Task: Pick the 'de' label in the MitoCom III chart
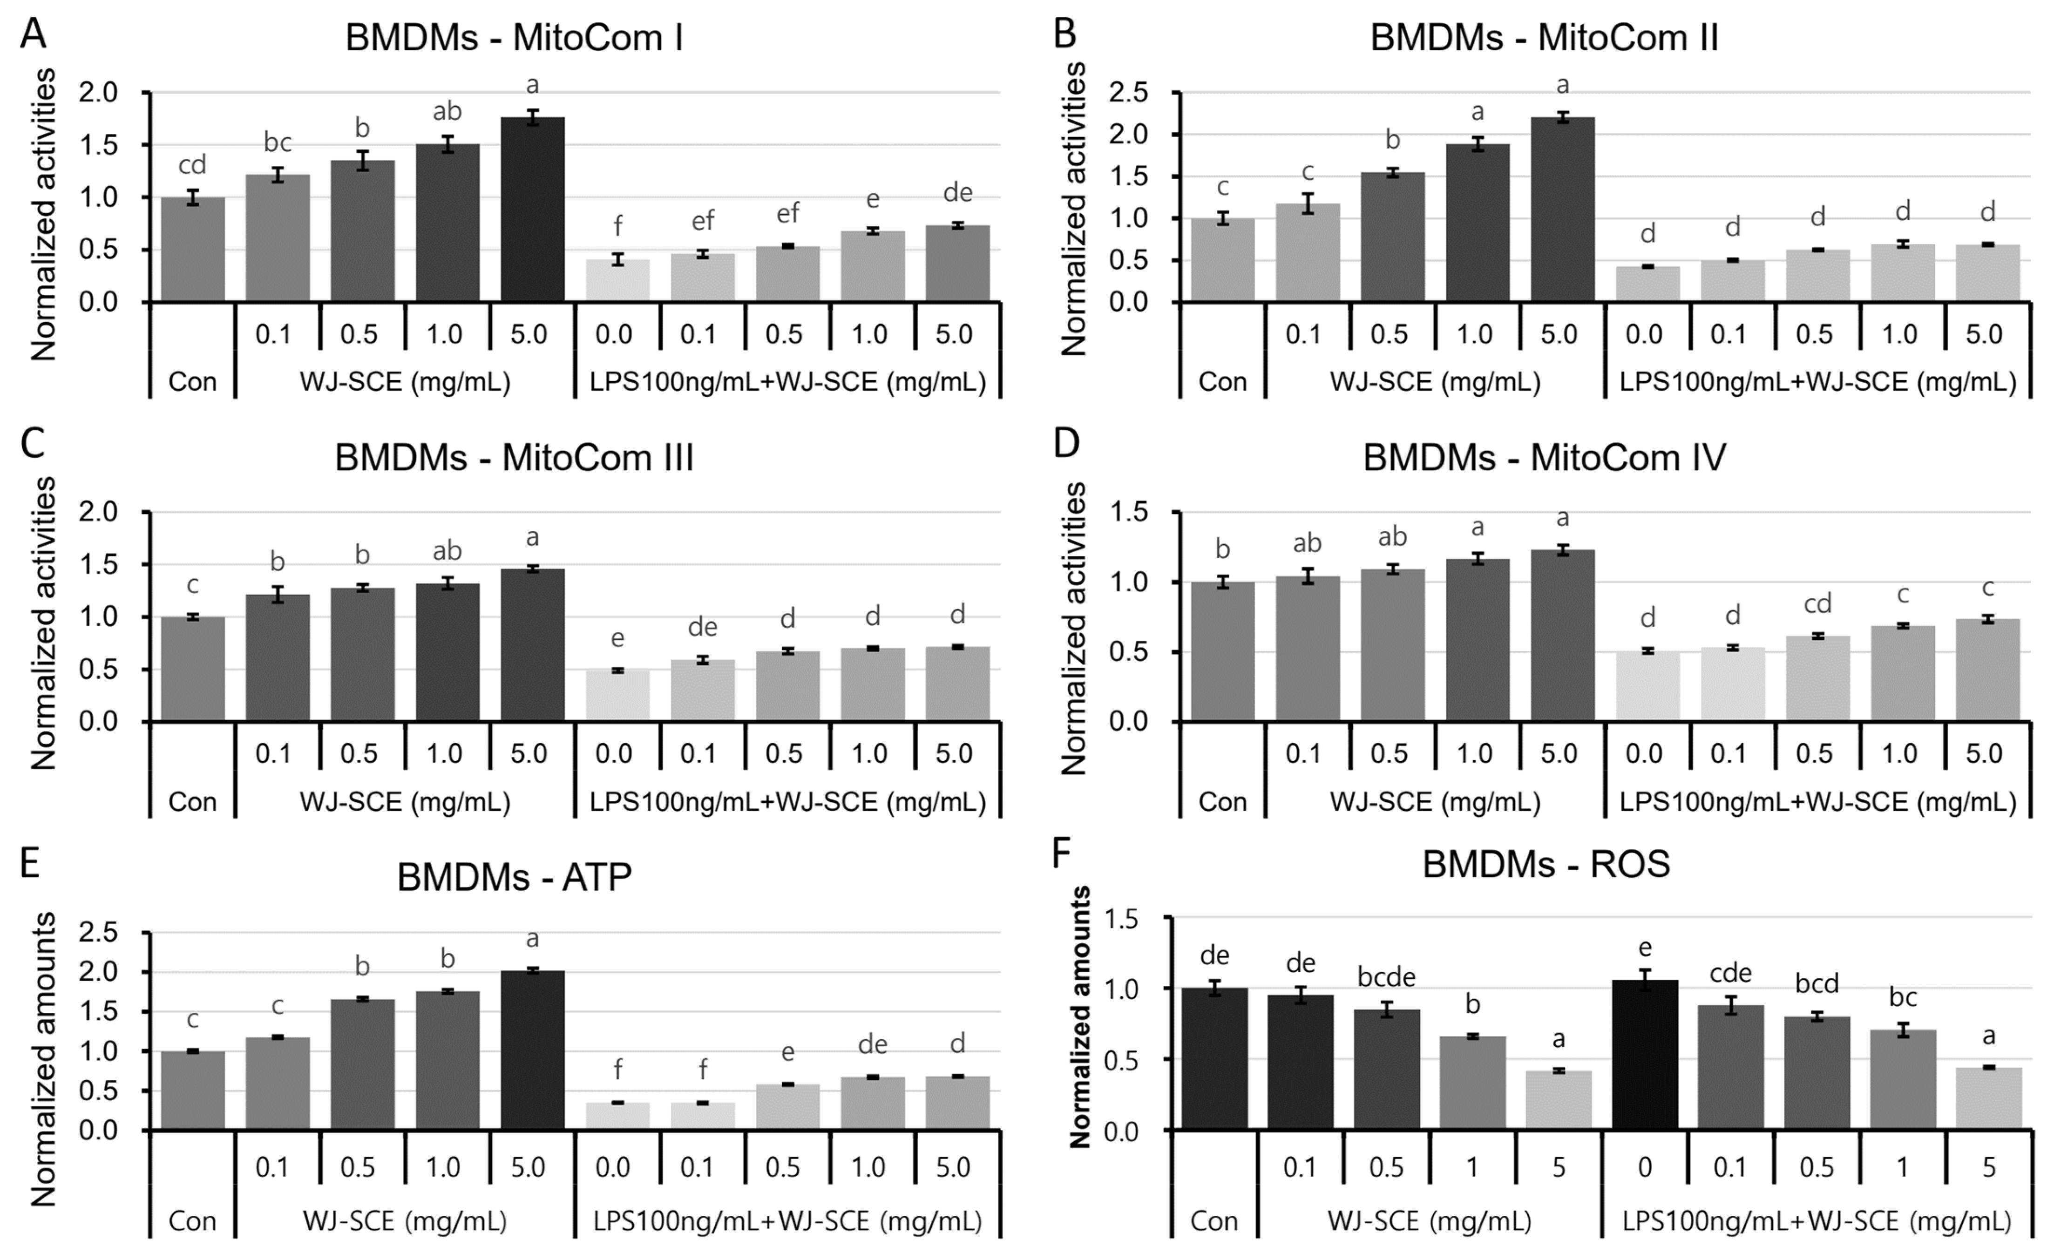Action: pos(702,627)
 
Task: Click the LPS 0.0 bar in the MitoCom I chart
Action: pos(617,280)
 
